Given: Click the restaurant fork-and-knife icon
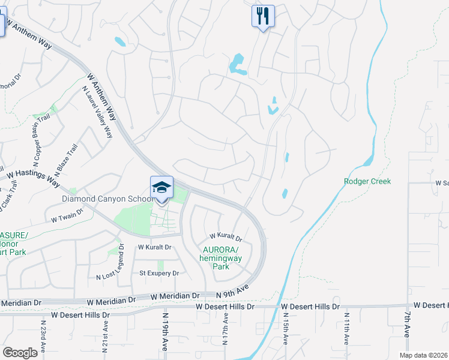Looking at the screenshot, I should tap(262, 16).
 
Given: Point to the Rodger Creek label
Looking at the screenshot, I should tap(367, 181).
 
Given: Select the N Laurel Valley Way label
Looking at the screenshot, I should tap(97, 112).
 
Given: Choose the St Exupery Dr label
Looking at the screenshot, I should tap(159, 273).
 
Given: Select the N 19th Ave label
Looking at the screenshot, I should tap(164, 331).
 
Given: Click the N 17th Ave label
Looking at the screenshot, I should tap(226, 331).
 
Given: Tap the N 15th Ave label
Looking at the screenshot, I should tap(285, 331).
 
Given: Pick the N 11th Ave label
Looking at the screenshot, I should tap(346, 329).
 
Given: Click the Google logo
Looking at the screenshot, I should tap(20, 353).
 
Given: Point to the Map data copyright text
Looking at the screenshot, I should tap(425, 355).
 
